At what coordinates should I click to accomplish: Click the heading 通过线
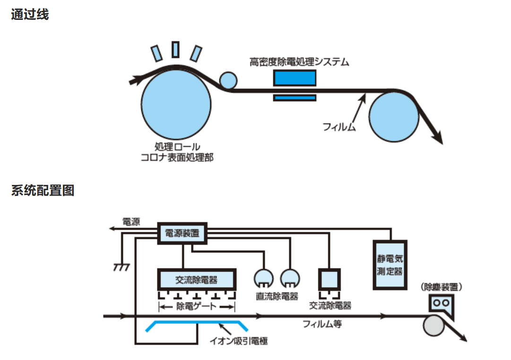click(x=30, y=15)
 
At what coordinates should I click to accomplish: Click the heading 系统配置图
click(x=43, y=191)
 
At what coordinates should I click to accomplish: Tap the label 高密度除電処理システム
click(x=299, y=61)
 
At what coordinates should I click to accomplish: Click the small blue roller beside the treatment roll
click(x=228, y=80)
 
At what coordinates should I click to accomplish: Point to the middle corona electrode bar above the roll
click(x=175, y=49)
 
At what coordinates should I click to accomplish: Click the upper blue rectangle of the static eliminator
click(x=294, y=78)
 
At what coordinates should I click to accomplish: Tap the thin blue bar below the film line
click(x=294, y=98)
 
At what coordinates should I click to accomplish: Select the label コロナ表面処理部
click(x=177, y=158)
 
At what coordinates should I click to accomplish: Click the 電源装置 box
click(x=182, y=233)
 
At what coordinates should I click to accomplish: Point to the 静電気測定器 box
click(x=390, y=265)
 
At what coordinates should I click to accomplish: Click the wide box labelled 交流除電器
click(x=196, y=280)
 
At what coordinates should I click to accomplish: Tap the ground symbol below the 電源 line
click(x=121, y=267)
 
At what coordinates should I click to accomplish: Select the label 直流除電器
click(x=277, y=297)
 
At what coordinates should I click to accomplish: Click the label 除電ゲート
click(x=196, y=307)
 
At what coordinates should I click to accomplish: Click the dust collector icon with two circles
click(x=441, y=303)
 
